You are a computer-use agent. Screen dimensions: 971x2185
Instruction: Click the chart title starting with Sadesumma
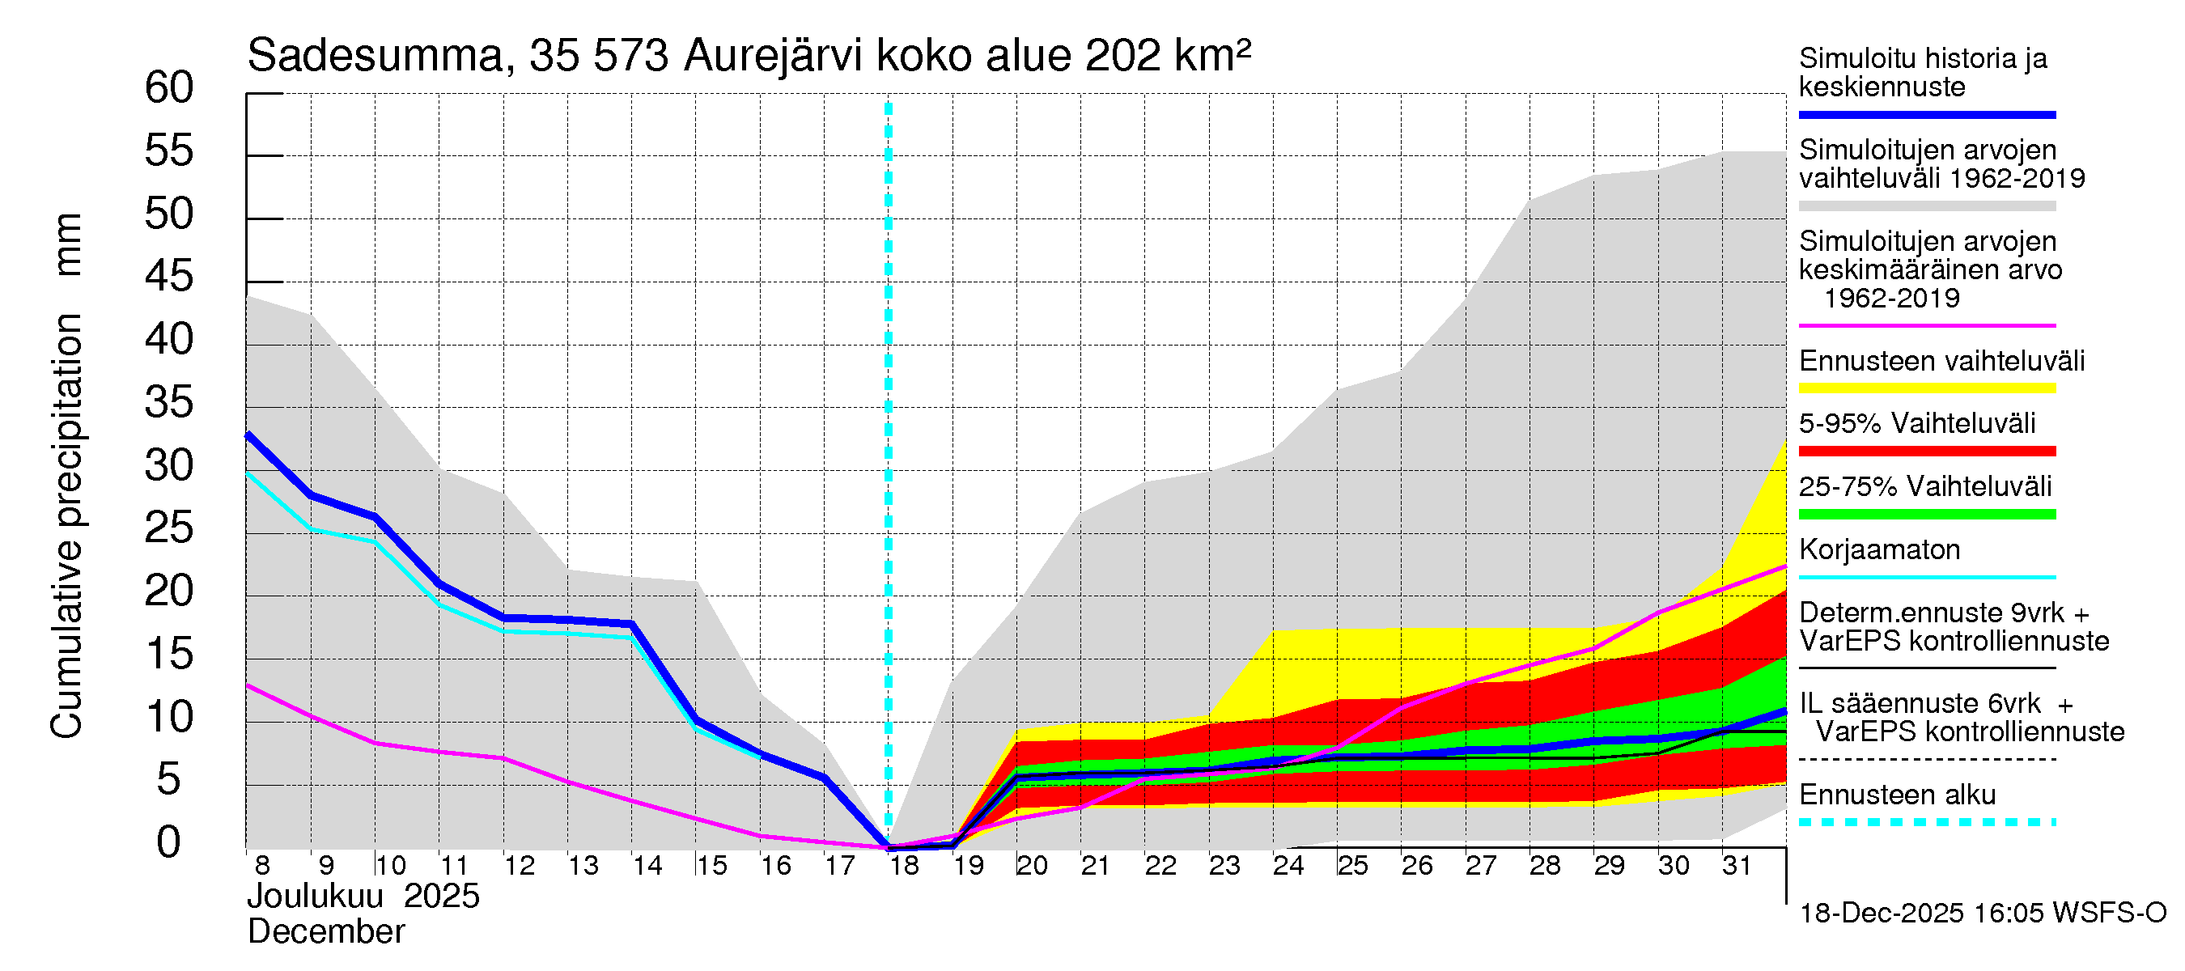[748, 56]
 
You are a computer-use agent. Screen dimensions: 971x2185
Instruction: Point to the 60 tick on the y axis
[169, 87]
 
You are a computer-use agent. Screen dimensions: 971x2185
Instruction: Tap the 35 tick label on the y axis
[169, 402]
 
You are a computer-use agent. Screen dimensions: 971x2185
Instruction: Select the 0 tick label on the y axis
[169, 842]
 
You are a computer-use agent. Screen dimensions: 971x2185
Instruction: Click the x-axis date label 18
[904, 866]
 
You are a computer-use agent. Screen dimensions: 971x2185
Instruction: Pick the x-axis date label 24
[1288, 866]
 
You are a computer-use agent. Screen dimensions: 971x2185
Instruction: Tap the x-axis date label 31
[1737, 866]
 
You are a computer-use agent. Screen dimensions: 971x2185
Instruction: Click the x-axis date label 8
[262, 866]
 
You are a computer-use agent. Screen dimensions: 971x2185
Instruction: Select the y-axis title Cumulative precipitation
[66, 526]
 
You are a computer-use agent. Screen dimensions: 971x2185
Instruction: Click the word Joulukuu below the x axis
[315, 897]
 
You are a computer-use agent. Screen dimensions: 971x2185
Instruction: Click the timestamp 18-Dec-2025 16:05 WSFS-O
[1982, 914]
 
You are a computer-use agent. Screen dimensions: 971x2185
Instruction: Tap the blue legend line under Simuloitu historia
[1926, 114]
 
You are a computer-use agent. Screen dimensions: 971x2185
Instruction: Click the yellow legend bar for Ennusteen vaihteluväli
[1926, 388]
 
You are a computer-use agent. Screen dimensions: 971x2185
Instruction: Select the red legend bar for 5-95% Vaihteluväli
[1926, 452]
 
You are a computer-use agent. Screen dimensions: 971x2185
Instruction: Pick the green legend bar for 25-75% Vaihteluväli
[1926, 514]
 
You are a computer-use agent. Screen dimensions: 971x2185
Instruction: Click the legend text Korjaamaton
[1879, 549]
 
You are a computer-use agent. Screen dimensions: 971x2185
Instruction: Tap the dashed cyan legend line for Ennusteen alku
[1926, 822]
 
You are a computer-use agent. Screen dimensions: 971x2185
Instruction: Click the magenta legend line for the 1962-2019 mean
[1926, 325]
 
